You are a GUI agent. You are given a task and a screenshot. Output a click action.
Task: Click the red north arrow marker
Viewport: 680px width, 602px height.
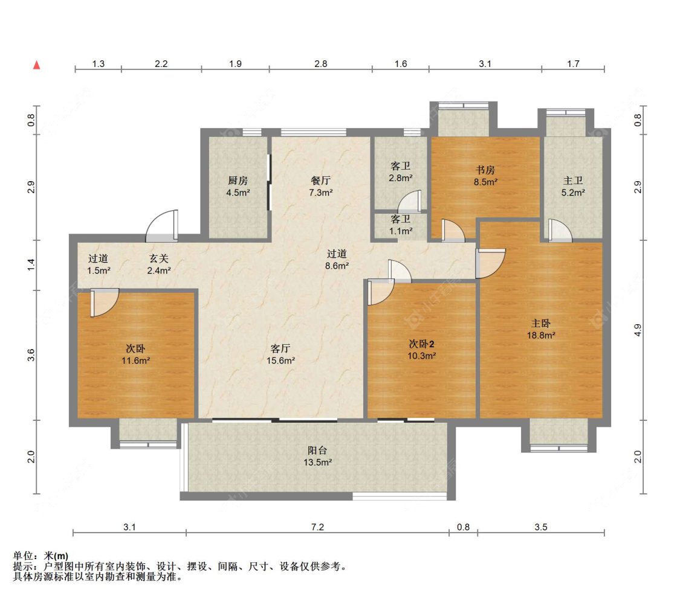(37, 65)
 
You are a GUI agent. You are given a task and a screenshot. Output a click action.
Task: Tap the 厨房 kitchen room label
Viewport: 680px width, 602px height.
(238, 186)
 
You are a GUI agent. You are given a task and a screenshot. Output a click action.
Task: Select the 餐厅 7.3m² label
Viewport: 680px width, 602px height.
(321, 186)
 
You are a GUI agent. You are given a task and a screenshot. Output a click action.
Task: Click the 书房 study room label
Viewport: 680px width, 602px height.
(485, 176)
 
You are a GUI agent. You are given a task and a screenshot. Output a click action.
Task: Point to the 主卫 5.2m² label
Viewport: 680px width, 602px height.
(574, 186)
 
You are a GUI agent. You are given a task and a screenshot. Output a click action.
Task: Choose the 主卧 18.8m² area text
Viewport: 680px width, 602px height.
(541, 328)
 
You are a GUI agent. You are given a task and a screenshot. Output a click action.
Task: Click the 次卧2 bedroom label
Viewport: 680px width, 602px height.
(421, 350)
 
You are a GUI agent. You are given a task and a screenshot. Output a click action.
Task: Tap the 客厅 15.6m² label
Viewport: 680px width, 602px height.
(280, 354)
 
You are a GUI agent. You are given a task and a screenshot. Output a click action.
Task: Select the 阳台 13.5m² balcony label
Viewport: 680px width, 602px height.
(317, 456)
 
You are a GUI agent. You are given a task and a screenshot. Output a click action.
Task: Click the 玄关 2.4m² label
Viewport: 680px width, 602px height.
(159, 264)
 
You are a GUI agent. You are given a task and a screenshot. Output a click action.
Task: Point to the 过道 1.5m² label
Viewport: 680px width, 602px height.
(99, 264)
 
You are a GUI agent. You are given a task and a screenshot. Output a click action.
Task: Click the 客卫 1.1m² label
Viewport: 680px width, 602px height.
(401, 225)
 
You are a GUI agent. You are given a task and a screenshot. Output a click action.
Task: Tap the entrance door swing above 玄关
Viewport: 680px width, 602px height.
(161, 226)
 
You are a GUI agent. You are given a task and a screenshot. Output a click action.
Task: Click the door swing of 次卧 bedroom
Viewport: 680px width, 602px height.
(105, 303)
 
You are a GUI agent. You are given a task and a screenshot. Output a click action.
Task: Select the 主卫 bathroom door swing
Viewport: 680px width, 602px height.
(560, 229)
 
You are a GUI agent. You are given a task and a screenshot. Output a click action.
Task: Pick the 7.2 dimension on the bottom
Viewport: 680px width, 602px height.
(317, 527)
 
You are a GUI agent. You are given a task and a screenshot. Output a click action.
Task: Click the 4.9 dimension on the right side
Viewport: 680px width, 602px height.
(638, 330)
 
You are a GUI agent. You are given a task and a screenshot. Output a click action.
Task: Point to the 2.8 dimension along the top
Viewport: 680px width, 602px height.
(321, 63)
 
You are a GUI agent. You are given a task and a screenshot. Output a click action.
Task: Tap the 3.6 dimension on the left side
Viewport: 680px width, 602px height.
(31, 355)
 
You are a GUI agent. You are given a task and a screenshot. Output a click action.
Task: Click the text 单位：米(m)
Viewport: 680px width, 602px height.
(40, 556)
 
